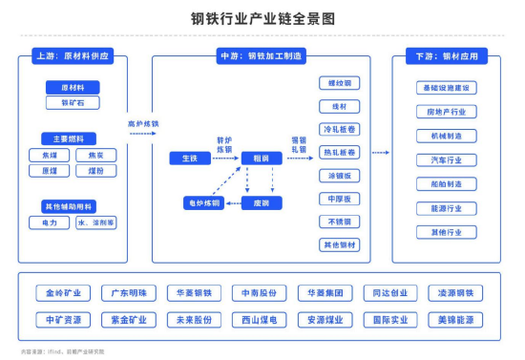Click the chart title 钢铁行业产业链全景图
pos(262,18)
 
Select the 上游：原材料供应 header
pos(73,56)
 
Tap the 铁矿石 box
pos(73,102)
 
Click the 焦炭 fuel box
pos(95,155)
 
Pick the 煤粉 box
pos(95,171)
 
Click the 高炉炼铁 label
pos(143,124)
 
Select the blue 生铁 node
pos(189,157)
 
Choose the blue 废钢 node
pos(261,203)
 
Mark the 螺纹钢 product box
pos(339,83)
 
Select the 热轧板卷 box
pos(339,152)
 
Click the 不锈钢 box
pos(339,222)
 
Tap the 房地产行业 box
pos(446,112)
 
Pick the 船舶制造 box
pos(446,184)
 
